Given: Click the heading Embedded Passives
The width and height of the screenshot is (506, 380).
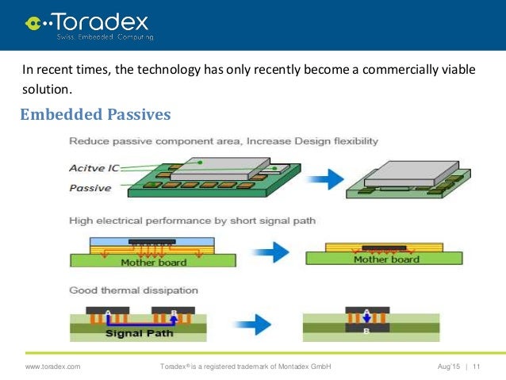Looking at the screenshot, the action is point(95,115).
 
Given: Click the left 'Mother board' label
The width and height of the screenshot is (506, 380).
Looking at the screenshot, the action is point(153,263).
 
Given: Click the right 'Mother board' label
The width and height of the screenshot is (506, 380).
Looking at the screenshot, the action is point(385,259).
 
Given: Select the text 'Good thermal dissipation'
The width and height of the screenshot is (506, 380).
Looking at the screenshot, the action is point(133,290).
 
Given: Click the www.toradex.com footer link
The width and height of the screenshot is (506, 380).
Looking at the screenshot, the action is point(53,367).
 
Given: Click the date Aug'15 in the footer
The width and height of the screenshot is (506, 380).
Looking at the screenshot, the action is point(450,367).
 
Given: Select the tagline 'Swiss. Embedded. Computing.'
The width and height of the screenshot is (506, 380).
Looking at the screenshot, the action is point(105,36).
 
